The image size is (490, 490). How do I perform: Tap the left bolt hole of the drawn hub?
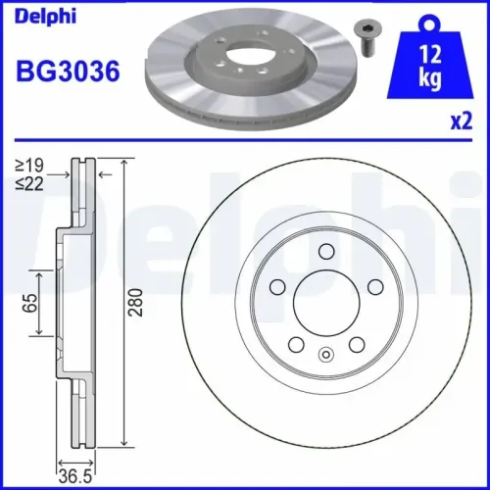(x=276, y=287)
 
